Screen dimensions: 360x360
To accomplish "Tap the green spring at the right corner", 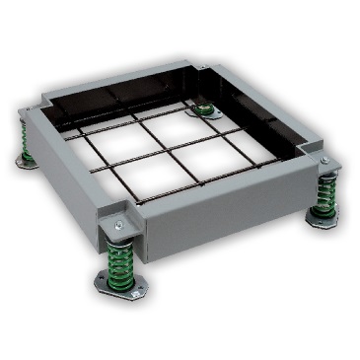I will point(325,194).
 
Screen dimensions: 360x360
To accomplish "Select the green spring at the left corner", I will point(28,144).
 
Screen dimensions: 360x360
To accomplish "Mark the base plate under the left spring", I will point(27,159).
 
